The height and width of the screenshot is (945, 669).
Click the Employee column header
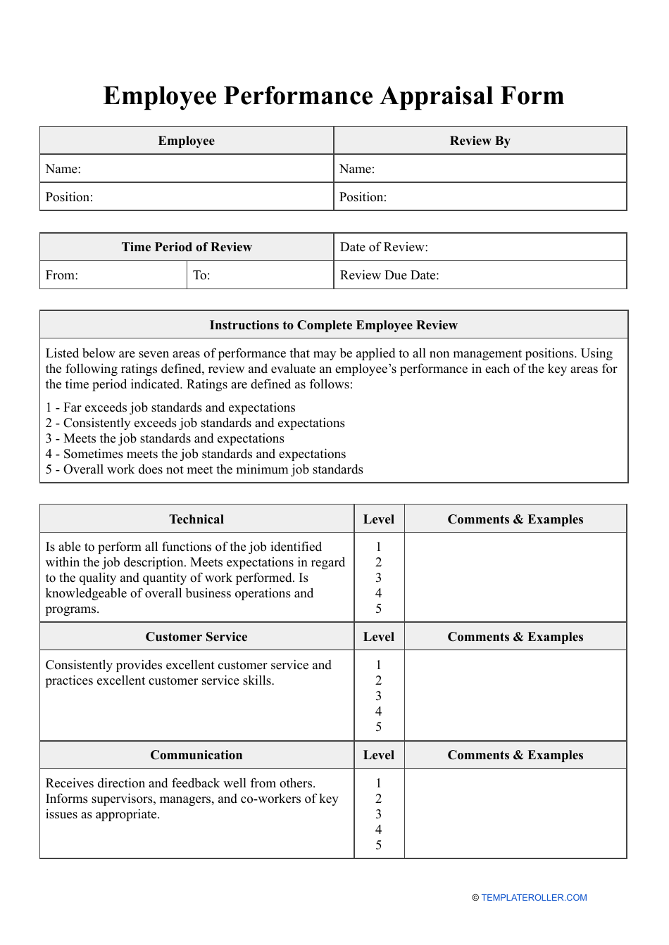[x=186, y=141]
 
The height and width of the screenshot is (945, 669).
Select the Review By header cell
[x=480, y=141]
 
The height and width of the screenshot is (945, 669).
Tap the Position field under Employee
[x=186, y=197]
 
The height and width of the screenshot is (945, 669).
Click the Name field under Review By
[x=480, y=169]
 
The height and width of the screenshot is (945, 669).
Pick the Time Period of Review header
[x=186, y=247]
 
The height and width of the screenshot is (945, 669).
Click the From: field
[x=113, y=275]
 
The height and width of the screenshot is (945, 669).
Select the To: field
[x=259, y=275]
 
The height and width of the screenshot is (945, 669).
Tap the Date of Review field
[x=480, y=247]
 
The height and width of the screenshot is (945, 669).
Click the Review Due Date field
[x=480, y=275]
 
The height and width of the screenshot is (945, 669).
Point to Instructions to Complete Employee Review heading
[x=333, y=325]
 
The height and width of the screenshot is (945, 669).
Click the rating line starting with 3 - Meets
[x=165, y=438]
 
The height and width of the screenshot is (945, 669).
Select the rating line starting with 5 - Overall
[x=204, y=469]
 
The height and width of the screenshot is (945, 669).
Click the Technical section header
[x=196, y=519]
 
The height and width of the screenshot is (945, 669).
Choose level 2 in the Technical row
[x=378, y=562]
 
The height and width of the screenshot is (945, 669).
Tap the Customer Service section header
[x=196, y=637]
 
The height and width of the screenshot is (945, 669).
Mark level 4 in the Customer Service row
[x=378, y=711]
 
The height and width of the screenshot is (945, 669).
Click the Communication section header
[x=196, y=755]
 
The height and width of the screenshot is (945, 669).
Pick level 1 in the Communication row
[x=378, y=783]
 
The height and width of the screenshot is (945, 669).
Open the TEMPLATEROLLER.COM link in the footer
[x=533, y=898]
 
